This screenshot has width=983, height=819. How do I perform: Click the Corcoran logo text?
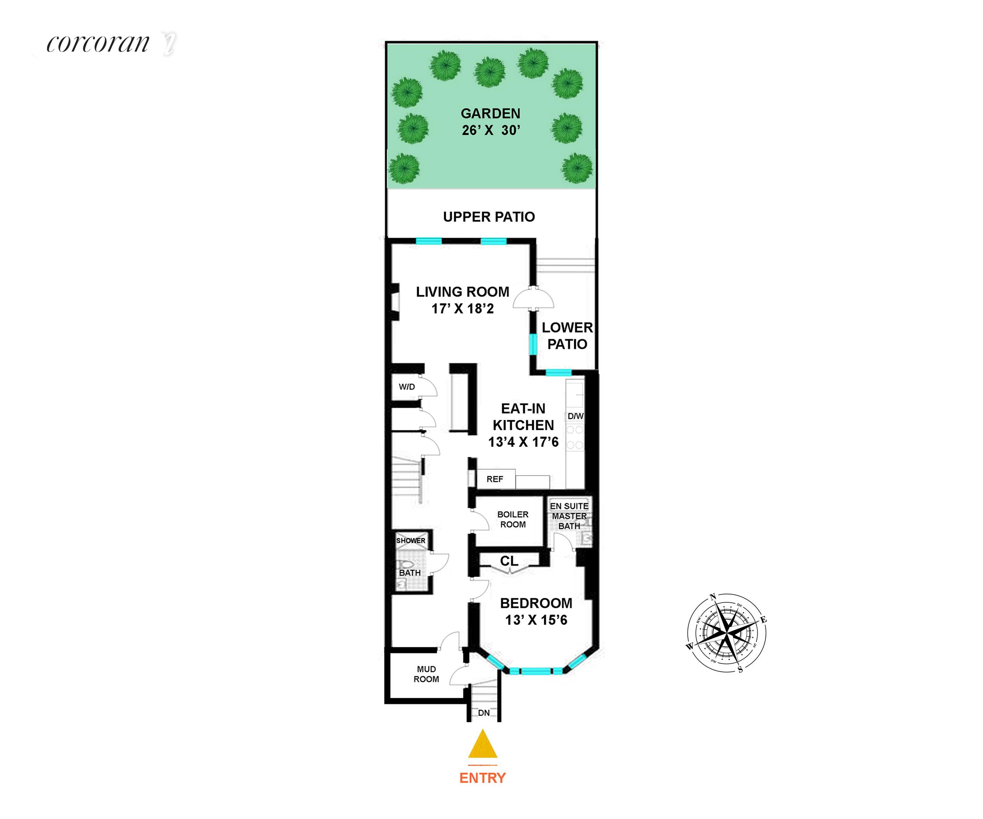98,44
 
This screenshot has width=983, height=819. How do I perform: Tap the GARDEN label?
490,114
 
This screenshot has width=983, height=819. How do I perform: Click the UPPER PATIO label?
489,217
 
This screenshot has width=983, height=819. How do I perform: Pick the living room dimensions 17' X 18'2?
462,308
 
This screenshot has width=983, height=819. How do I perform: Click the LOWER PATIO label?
567,335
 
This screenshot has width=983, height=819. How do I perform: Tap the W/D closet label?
407,387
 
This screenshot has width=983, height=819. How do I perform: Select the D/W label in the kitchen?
575,416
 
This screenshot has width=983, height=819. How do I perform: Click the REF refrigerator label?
495,479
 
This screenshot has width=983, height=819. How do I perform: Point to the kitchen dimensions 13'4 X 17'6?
523,442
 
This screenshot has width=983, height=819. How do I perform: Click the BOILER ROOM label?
513,519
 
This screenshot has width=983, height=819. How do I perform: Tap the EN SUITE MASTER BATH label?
569,516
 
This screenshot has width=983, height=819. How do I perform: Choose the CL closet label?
509,561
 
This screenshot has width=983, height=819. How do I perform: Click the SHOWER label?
411,541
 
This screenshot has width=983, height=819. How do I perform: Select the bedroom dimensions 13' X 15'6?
536,620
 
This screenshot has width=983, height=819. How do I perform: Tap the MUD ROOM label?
426,674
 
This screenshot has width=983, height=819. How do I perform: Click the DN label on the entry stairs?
484,713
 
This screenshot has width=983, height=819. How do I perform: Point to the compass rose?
726,633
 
